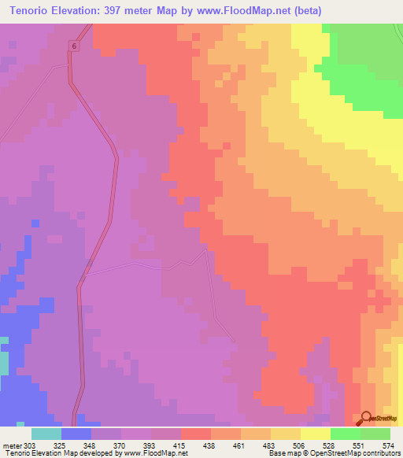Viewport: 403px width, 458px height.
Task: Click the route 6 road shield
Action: click(74, 47)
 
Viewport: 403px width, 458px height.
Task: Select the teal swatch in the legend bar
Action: click(46, 434)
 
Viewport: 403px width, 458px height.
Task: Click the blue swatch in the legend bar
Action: click(76, 434)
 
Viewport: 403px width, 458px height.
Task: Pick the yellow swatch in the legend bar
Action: click(315, 434)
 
